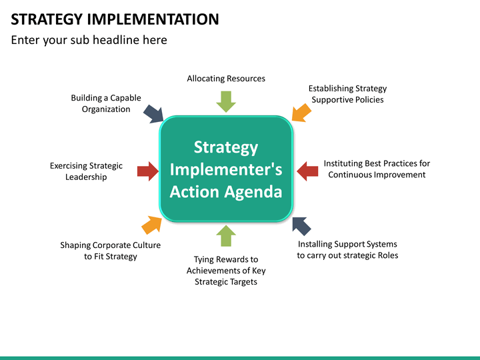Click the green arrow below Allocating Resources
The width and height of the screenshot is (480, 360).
[226, 101]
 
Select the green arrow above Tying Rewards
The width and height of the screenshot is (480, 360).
[226, 236]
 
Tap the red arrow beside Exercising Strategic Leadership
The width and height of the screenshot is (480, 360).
[147, 171]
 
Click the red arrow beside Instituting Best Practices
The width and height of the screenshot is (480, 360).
[307, 171]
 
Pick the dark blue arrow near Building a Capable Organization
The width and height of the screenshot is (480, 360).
[153, 113]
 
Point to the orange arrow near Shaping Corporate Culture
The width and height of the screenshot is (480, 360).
[151, 225]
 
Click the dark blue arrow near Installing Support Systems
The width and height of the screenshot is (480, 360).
[301, 225]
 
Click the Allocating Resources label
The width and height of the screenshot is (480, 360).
[226, 79]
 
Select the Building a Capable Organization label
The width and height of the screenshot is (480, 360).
[106, 103]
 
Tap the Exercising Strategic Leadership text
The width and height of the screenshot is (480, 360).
[86, 171]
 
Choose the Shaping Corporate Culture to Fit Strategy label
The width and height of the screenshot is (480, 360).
[111, 251]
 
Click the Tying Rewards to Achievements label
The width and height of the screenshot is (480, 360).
[226, 270]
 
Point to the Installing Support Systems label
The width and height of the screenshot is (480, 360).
[347, 249]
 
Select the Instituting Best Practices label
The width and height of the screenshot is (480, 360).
[377, 169]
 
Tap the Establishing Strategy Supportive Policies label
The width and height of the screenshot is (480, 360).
[347, 94]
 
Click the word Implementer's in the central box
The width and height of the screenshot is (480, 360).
[226, 169]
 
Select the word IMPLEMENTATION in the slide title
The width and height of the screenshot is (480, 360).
[153, 19]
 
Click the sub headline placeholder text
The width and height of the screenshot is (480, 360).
[89, 40]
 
